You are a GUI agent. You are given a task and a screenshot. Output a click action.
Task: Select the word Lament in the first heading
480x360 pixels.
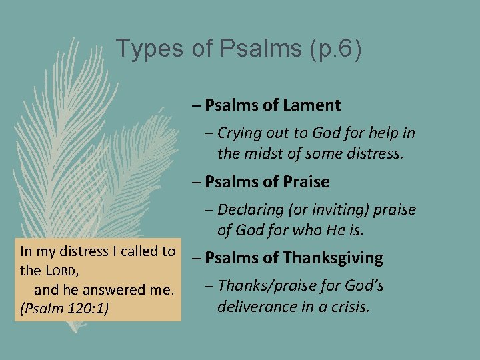point(311,105)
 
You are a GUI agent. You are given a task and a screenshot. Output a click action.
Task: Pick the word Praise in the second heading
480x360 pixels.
point(306,182)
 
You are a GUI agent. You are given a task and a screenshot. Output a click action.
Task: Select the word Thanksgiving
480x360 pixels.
point(331,257)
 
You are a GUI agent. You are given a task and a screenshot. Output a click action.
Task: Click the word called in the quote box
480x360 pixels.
point(137,251)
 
